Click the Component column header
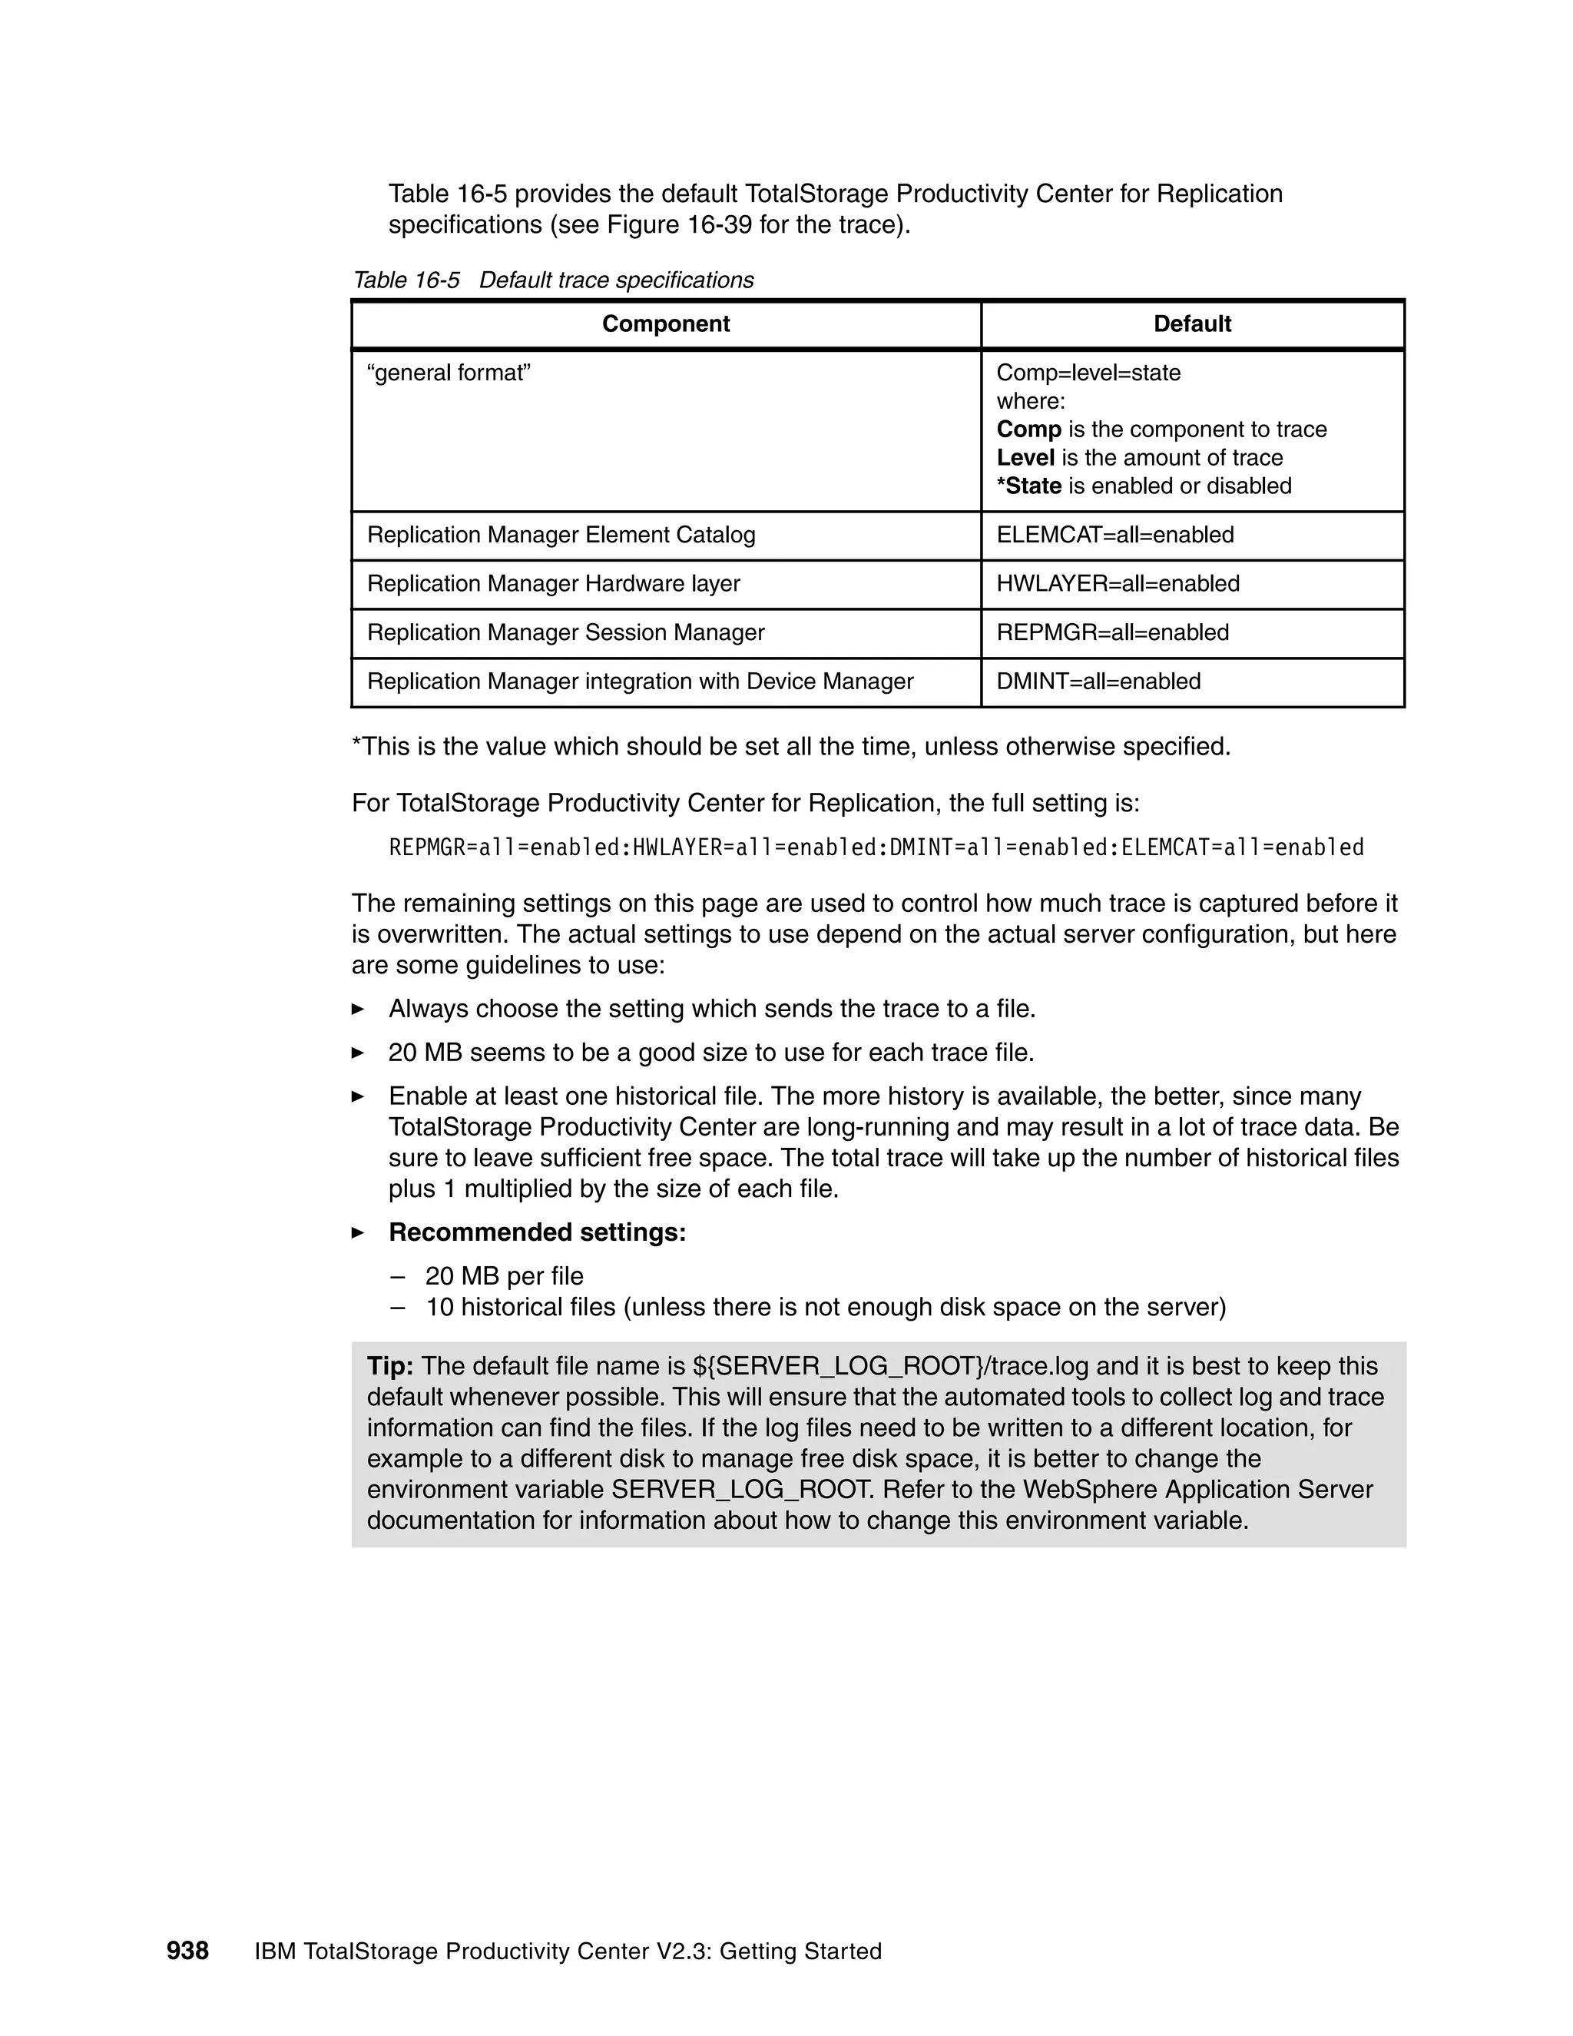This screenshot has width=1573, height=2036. coord(665,323)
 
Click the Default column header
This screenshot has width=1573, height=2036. coord(1192,323)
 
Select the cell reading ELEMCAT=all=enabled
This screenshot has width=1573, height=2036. coord(1114,535)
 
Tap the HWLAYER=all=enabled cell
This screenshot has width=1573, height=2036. coord(1118,584)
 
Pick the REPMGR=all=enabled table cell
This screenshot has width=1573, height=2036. coord(1113,632)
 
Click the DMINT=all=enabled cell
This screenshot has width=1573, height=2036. coord(1098,681)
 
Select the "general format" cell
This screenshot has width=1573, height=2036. coord(449,373)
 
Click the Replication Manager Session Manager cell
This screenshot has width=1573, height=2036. coord(565,632)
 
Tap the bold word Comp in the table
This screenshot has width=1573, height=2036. coord(1028,429)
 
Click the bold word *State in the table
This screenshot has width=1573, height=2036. coord(1028,486)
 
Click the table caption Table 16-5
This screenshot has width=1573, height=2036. coord(406,280)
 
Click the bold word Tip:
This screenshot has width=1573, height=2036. coord(389,1366)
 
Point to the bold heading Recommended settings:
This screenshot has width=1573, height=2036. coord(537,1232)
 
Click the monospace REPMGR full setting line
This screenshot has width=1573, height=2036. coord(875,847)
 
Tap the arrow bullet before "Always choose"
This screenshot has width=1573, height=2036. coord(358,1010)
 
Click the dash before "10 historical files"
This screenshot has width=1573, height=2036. coord(399,1308)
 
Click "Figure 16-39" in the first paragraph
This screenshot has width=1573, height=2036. coord(678,226)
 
